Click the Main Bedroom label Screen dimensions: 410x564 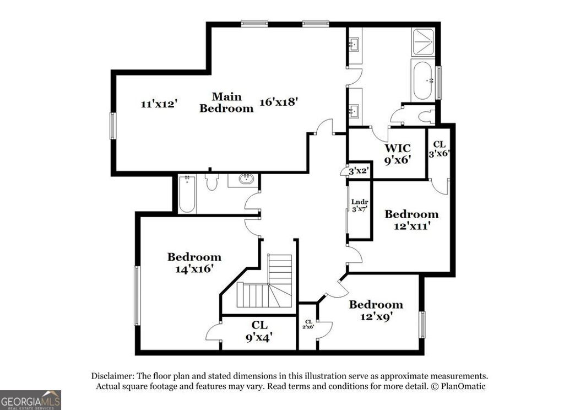(226, 102)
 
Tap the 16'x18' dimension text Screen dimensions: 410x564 (279, 101)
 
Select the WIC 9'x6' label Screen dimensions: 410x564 (398, 154)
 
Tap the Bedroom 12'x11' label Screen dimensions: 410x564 (411, 219)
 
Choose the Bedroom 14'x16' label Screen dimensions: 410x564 (194, 262)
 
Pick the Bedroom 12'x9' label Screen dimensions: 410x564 (376, 310)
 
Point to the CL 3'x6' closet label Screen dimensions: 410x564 (440, 149)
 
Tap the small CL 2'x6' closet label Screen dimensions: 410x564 (308, 323)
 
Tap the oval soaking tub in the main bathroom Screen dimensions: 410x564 (423, 80)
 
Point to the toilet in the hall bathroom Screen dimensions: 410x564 (211, 182)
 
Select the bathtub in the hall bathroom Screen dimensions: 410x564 (187, 194)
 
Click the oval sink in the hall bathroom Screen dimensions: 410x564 (246, 179)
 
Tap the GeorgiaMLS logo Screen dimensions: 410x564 (30, 400)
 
